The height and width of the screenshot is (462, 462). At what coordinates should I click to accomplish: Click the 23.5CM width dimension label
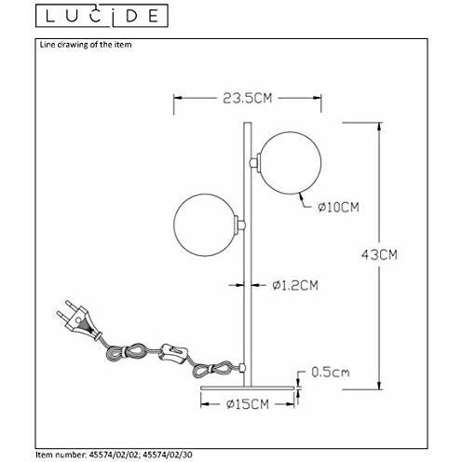click(229, 96)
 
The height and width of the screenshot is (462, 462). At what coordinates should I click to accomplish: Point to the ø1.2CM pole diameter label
click(297, 286)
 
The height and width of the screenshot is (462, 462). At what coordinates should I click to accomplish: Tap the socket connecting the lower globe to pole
click(242, 224)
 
